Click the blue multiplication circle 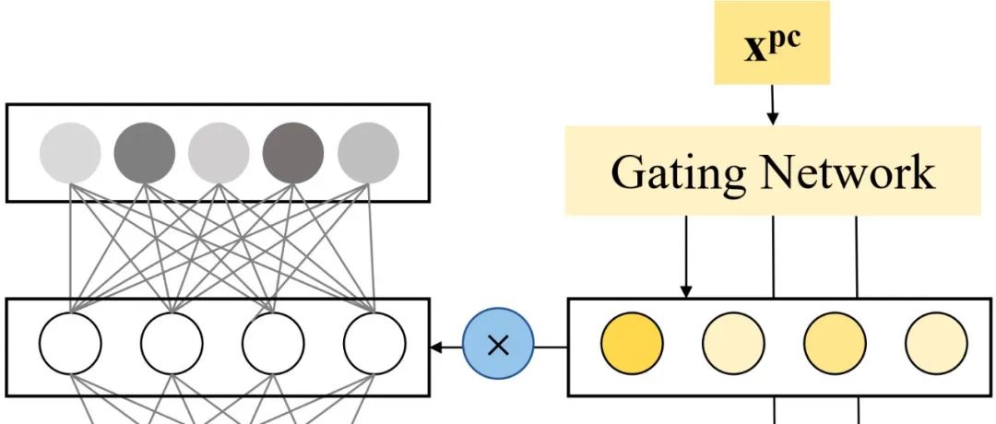[499, 346]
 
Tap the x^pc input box [772, 43]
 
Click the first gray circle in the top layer [71, 152]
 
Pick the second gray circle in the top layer [145, 152]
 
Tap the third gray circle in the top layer [219, 152]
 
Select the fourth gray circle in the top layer [293, 152]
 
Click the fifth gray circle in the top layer [368, 152]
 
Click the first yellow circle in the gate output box [632, 346]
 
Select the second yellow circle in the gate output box [733, 346]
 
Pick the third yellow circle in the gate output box [835, 346]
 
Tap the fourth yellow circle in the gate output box [936, 346]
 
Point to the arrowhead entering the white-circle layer [436, 347]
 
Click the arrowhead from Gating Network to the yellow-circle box [686, 291]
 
